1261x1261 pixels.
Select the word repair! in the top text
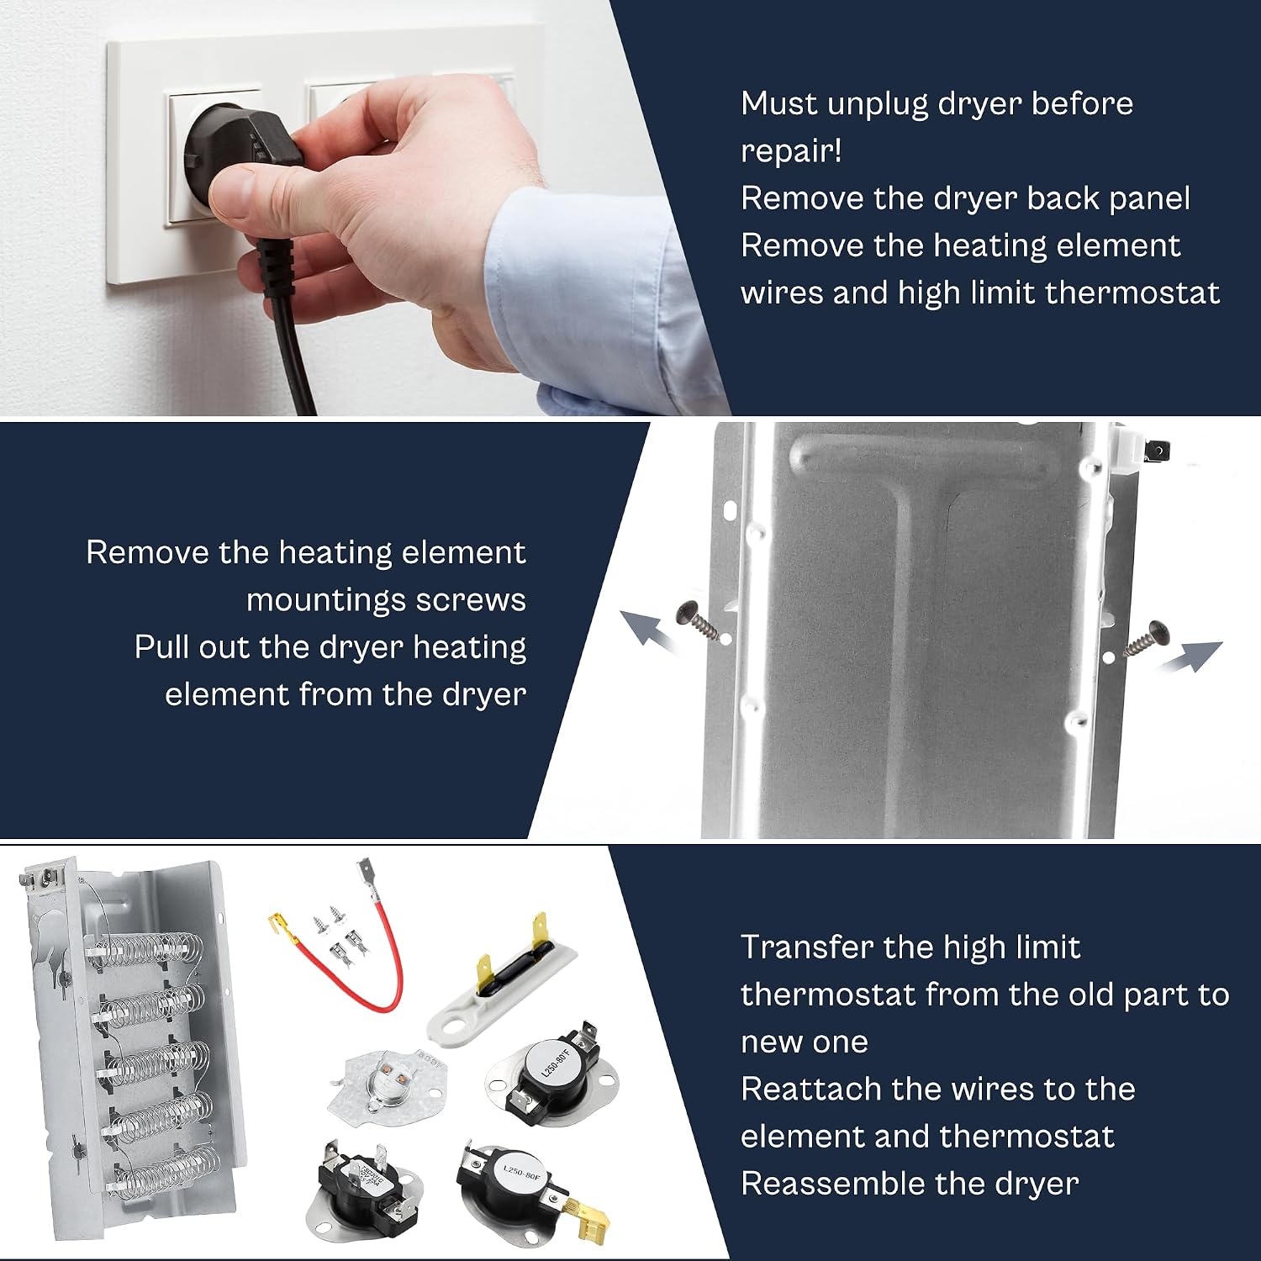point(791,151)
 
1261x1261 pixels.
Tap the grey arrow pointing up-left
point(648,630)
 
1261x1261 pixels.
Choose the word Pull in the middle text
point(161,647)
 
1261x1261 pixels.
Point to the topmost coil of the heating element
point(147,949)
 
